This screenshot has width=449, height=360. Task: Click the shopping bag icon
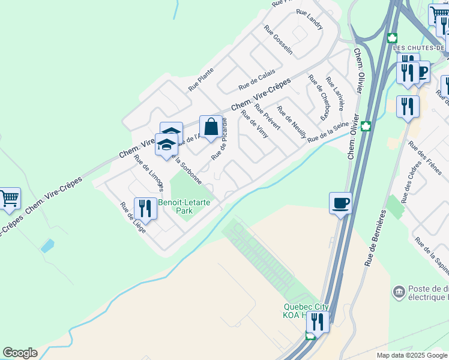(211, 127)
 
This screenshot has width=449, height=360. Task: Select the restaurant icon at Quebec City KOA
(318, 323)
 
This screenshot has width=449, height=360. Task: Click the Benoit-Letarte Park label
(184, 206)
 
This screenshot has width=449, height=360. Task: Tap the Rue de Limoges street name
(148, 173)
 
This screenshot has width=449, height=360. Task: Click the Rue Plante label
(201, 79)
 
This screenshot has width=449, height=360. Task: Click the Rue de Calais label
(256, 79)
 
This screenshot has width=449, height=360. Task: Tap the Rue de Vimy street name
(254, 124)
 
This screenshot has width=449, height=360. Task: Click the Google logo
(20, 353)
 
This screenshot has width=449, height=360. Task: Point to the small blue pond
(47, 246)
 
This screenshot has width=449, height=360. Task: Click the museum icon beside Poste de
(398, 292)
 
